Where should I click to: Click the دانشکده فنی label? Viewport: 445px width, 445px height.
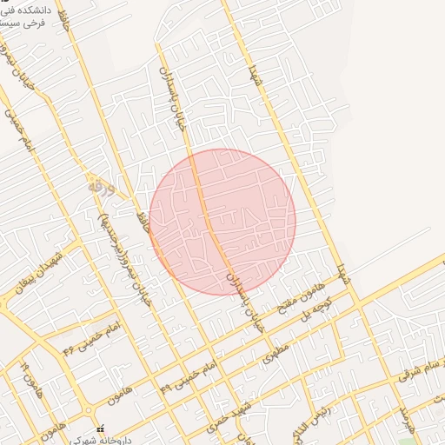click(27, 11)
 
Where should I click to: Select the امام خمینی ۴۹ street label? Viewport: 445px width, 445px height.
click(186, 373)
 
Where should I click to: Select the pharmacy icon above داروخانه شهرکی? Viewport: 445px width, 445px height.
click(101, 428)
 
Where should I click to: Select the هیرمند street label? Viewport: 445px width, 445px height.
click(403, 417)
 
